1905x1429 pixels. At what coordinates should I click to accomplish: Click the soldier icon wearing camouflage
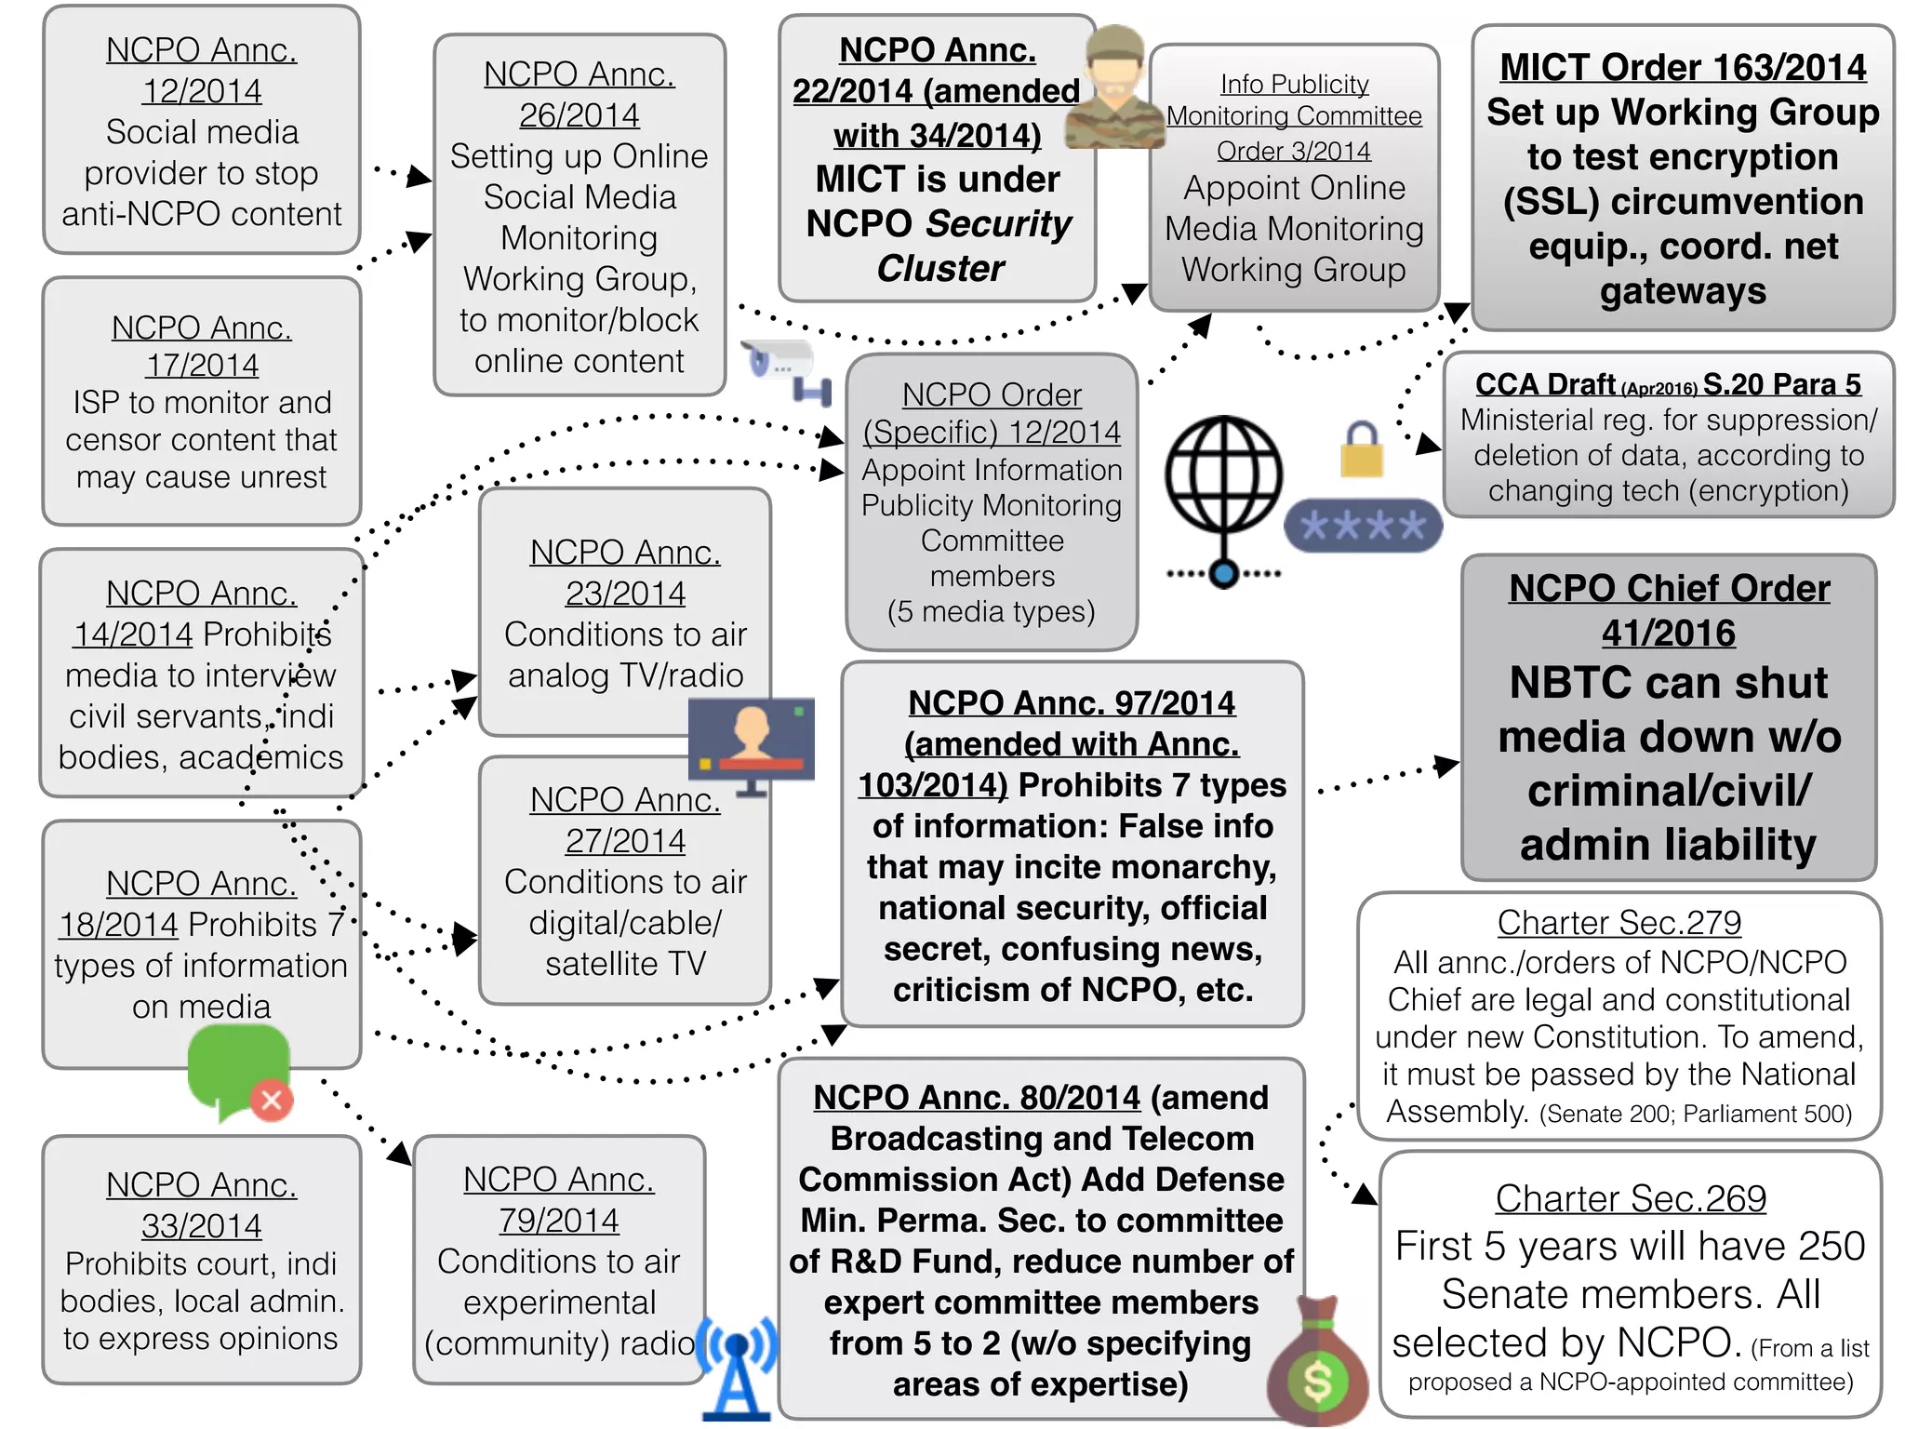(1114, 88)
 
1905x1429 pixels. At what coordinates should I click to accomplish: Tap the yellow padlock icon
(1362, 450)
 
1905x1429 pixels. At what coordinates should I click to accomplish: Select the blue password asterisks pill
(1363, 526)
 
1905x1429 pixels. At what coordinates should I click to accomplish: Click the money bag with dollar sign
(1318, 1364)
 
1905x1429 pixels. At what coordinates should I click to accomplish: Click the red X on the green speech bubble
(272, 1101)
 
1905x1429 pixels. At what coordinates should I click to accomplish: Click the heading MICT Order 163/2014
(1683, 68)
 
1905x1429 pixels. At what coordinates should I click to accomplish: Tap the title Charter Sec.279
(1619, 923)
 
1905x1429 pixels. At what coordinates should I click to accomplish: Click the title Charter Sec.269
(1630, 1198)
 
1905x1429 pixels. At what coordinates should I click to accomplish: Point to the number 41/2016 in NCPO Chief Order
(1668, 634)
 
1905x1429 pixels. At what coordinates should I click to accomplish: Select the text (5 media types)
(992, 611)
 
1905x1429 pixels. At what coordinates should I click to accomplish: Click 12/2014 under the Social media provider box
(202, 91)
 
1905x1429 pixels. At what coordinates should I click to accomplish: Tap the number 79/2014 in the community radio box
(558, 1220)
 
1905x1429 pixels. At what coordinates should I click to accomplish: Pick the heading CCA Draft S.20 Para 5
(1668, 384)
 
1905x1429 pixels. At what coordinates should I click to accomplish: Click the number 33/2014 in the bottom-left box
(202, 1225)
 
